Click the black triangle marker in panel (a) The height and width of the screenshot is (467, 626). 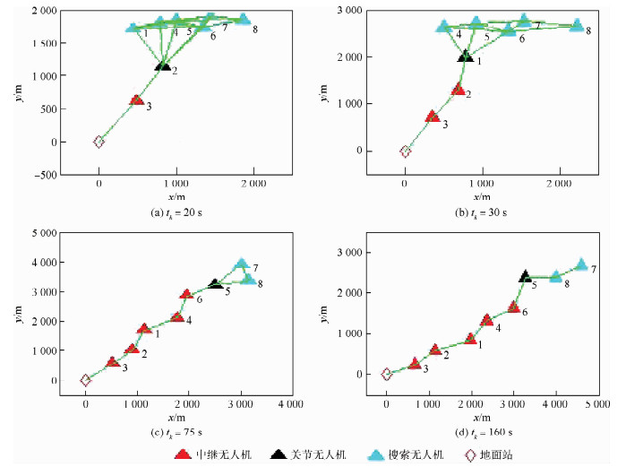(162, 65)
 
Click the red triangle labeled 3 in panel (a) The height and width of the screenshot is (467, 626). (136, 100)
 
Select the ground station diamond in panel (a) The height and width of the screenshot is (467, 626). (99, 142)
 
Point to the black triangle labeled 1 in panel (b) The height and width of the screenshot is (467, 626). (465, 56)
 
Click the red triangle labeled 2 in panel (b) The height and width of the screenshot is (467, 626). (458, 89)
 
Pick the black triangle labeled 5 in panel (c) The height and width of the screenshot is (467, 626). (215, 283)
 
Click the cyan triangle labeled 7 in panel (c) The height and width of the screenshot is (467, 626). (241, 264)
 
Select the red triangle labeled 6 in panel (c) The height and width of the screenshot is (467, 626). (186, 294)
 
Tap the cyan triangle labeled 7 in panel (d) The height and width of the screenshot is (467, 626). (581, 264)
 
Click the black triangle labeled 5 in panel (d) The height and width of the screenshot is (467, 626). (526, 275)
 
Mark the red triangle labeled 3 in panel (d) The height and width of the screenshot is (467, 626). (415, 363)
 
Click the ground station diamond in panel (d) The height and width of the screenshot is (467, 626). (387, 375)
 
